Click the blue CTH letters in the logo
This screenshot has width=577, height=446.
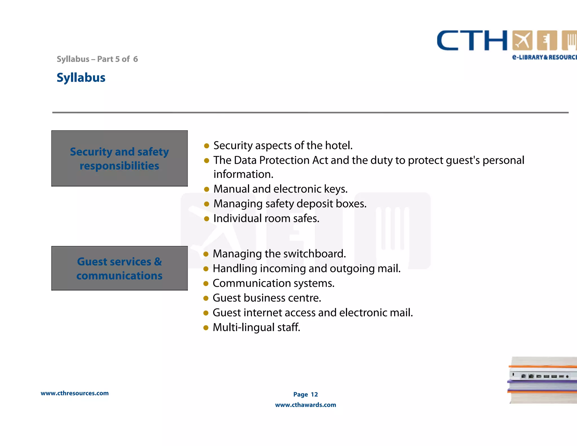tap(472, 41)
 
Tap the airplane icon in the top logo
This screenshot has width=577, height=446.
tap(522, 40)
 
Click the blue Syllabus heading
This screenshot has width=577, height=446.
tap(81, 78)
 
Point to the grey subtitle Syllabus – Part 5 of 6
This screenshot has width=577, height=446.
tap(97, 59)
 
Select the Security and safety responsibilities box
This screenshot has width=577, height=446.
tap(119, 158)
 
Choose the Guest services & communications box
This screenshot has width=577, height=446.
tap(119, 268)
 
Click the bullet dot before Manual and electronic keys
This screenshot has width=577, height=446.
tap(207, 189)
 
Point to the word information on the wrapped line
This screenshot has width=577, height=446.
tap(243, 174)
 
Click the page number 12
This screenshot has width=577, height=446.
tap(314, 394)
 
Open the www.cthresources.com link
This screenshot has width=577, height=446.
tap(75, 393)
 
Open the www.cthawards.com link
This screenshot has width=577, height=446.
tap(305, 405)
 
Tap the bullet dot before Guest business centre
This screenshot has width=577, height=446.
tap(206, 298)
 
